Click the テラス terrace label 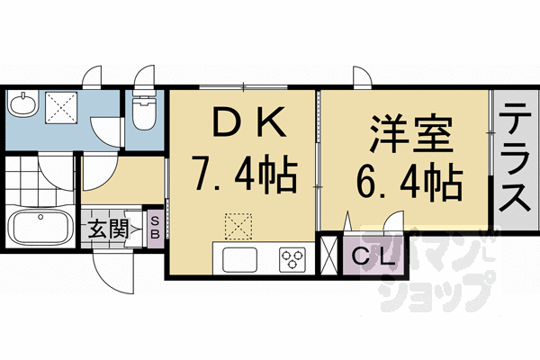tap(515, 157)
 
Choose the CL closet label tap(373, 257)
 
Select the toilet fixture tap(142, 113)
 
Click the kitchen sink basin tap(240, 260)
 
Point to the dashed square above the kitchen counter tap(238, 226)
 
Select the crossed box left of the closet tap(330, 255)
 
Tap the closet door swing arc tap(393, 225)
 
